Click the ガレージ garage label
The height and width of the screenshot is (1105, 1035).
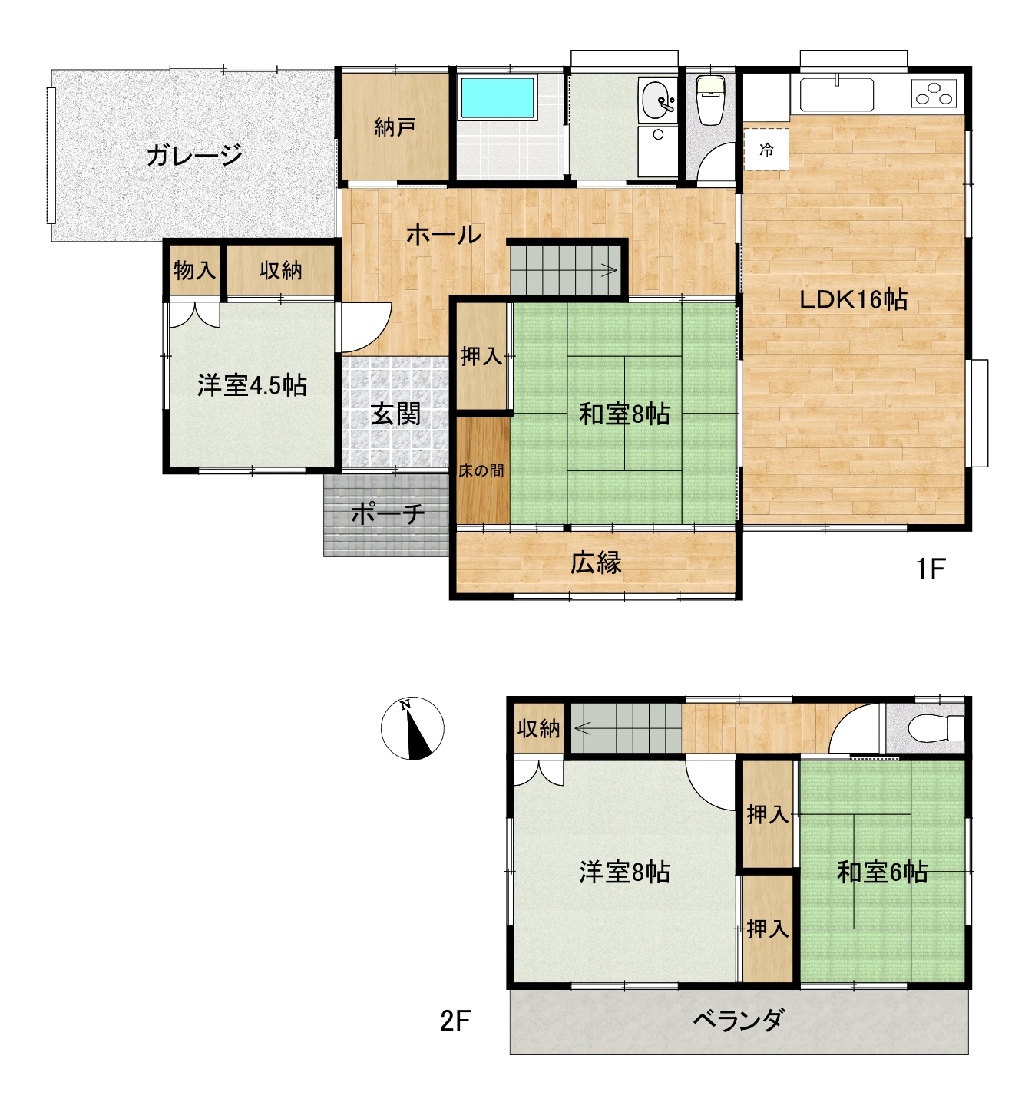point(194,155)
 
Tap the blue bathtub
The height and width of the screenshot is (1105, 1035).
point(498,97)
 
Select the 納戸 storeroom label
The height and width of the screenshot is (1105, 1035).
point(395,127)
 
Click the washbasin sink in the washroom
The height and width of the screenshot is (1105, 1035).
point(657,101)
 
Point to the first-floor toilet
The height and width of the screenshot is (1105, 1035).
point(710,101)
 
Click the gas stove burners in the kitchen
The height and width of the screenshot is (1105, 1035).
point(934,93)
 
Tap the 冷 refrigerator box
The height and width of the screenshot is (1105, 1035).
point(766,149)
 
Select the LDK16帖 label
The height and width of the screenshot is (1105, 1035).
point(854,300)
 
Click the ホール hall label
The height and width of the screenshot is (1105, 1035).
point(444,235)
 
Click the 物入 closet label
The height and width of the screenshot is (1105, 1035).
point(194,270)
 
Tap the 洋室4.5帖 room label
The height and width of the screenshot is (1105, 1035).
point(252,385)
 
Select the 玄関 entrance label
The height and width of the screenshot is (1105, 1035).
point(395,414)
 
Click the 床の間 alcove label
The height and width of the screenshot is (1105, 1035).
point(481,470)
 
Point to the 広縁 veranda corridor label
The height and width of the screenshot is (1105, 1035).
point(596,563)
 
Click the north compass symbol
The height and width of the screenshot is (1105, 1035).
point(412,728)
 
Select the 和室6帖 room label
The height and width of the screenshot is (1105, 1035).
point(882,872)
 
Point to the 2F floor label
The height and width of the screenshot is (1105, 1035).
point(455,1021)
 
